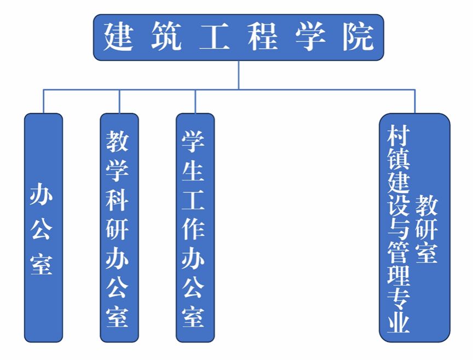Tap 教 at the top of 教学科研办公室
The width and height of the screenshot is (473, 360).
[118, 141]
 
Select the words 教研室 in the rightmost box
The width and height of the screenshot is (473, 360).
[426, 229]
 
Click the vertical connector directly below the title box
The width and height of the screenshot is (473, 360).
[239, 74]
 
